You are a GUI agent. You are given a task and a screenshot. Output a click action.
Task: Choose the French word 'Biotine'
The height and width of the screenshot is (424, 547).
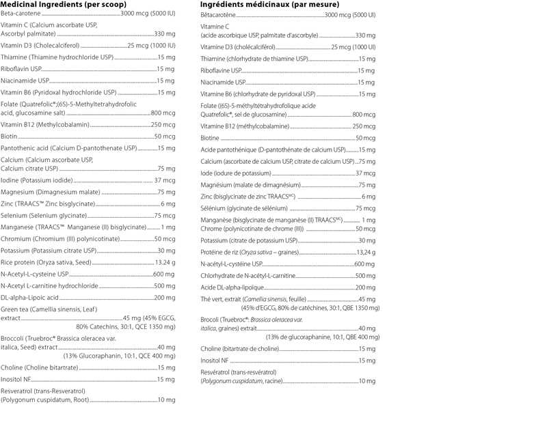(x=211, y=138)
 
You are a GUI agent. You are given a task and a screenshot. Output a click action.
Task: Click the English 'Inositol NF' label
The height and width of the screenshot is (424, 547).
(x=16, y=379)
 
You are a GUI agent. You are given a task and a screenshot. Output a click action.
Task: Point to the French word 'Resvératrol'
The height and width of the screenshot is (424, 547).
(x=218, y=371)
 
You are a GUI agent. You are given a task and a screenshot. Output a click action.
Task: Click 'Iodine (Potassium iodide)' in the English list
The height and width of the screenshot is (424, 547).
(x=38, y=180)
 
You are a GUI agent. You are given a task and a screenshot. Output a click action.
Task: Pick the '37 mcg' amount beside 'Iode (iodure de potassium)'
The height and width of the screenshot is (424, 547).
(x=366, y=173)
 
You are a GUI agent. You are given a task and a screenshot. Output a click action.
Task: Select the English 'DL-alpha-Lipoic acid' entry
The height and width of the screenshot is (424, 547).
(x=29, y=298)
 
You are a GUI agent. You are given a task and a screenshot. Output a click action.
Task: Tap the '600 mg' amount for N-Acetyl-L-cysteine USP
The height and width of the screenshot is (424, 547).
(x=165, y=274)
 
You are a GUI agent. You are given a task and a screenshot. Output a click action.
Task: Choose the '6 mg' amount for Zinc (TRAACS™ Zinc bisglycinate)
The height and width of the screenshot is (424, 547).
(x=168, y=204)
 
